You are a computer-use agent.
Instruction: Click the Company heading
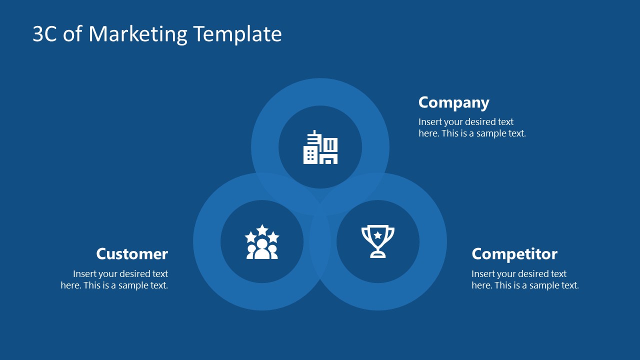coord(453,102)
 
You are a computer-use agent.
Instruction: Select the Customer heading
coord(132,254)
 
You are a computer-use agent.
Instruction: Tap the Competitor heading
coord(514,254)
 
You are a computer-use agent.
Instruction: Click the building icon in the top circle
coord(320,147)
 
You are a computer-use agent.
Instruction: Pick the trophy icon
coord(378,241)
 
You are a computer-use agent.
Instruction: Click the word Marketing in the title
coord(138,34)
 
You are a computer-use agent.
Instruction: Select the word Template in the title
coord(237,34)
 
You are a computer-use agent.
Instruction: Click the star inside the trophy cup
coord(378,234)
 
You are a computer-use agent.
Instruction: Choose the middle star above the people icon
coord(262,229)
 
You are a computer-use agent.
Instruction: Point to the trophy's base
coord(378,255)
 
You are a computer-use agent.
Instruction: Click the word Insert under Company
coord(430,122)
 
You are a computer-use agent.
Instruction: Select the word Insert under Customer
coord(85,274)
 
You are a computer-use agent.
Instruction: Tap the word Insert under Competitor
coord(483,274)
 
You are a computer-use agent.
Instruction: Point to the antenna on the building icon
coord(314,133)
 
